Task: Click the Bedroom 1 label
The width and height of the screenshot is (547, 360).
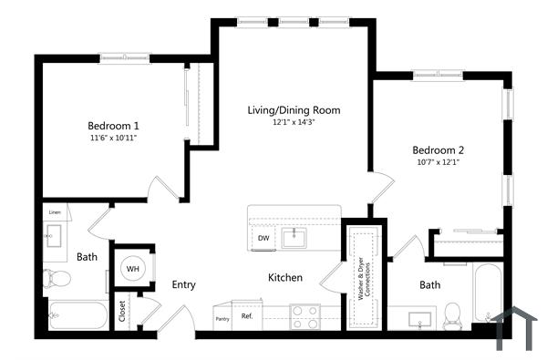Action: pyautogui.click(x=113, y=125)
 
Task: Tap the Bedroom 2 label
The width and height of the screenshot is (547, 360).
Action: pyautogui.click(x=439, y=150)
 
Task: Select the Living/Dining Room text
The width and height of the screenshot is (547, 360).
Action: pyautogui.click(x=294, y=110)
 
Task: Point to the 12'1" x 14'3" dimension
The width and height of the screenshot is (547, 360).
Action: pyautogui.click(x=294, y=122)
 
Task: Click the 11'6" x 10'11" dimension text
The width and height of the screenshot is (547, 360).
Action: pyautogui.click(x=113, y=138)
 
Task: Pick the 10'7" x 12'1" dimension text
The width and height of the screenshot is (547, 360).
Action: pyautogui.click(x=439, y=163)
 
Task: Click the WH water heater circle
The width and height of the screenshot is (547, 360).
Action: pyautogui.click(x=132, y=268)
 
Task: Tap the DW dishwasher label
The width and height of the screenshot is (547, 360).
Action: pyautogui.click(x=263, y=239)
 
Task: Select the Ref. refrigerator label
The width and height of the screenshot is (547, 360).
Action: pyautogui.click(x=246, y=316)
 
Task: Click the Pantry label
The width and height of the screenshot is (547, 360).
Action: pyautogui.click(x=222, y=318)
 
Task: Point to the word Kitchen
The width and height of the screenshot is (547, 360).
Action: pyautogui.click(x=284, y=277)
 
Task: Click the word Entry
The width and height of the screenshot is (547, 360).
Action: pyautogui.click(x=183, y=284)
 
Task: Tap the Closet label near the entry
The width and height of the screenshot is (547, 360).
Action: pyautogui.click(x=122, y=311)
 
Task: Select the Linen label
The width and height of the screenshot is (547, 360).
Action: pyautogui.click(x=55, y=212)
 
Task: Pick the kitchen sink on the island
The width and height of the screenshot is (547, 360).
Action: pyautogui.click(x=294, y=238)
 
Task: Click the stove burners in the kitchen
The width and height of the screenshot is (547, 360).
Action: pyautogui.click(x=304, y=316)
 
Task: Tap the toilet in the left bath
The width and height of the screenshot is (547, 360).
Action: pyautogui.click(x=57, y=277)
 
